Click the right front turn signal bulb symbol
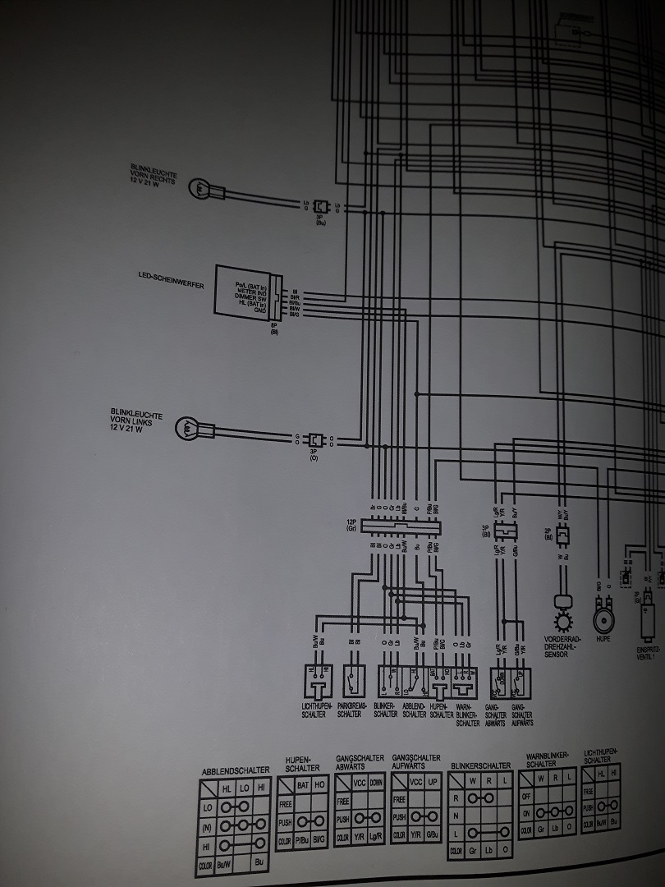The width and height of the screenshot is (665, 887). click(x=199, y=188)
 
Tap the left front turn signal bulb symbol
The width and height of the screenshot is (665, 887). click(x=188, y=429)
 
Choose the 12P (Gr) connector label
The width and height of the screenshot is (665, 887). click(x=352, y=524)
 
